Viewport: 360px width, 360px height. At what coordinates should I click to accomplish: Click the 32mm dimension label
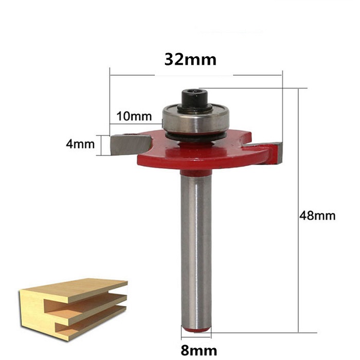click(x=190, y=59)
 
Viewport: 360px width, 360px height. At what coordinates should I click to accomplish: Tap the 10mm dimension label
click(x=132, y=116)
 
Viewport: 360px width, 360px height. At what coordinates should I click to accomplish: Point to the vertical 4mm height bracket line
click(x=107, y=145)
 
